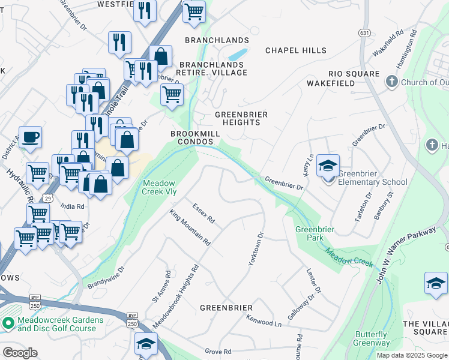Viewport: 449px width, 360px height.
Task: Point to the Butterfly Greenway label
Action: point(372,339)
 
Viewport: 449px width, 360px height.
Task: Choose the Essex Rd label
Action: point(203,213)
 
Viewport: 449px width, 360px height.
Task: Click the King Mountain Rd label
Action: point(190,228)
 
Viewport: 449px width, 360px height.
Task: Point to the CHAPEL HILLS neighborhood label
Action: point(296,51)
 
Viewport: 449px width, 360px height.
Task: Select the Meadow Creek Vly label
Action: point(159,187)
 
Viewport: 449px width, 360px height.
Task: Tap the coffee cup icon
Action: point(30,137)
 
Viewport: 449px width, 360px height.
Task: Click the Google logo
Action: point(20,353)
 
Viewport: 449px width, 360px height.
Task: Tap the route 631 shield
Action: point(364,32)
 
